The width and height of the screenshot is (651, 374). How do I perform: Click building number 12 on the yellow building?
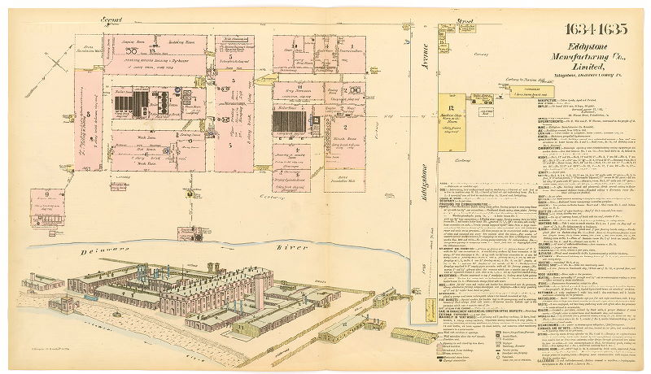tap(449, 107)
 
